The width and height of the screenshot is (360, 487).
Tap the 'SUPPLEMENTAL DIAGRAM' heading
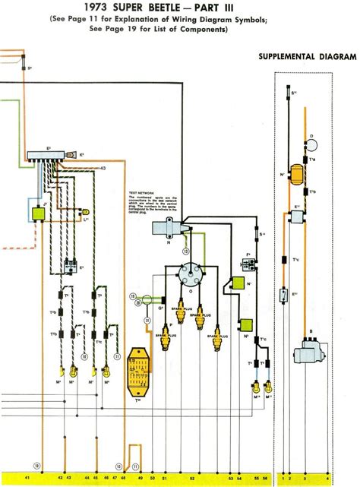pos(307,58)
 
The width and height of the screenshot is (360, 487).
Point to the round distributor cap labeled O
pos(185,272)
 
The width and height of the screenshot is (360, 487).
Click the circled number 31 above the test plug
pos(137,304)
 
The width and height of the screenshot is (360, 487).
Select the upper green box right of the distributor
pos(238,283)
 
